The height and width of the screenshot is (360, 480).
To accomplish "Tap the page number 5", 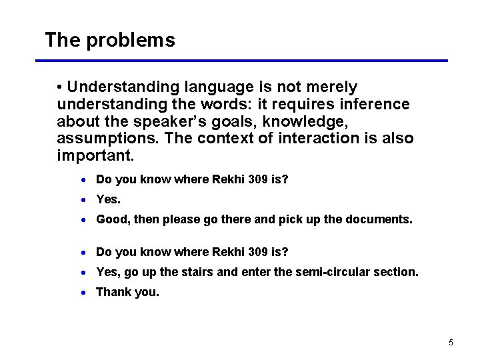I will (x=451, y=343).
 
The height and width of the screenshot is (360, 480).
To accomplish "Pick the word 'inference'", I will (x=375, y=105).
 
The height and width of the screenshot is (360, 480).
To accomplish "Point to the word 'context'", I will (x=225, y=139).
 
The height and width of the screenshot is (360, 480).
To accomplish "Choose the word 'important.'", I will (x=95, y=156).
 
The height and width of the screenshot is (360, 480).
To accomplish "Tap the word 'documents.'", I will (x=377, y=219).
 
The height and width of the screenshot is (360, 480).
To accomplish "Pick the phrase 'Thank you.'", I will (x=128, y=292).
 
